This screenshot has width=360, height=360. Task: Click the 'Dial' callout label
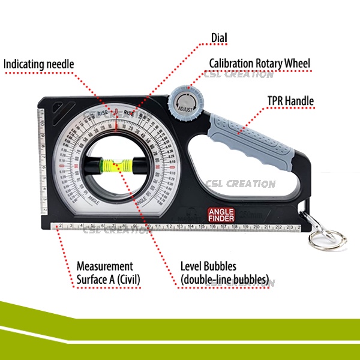coord(219,38)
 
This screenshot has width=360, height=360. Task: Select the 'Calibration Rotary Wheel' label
coord(260,63)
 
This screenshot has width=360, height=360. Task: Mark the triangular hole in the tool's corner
coord(56,107)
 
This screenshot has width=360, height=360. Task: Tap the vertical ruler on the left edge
coord(43,162)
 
